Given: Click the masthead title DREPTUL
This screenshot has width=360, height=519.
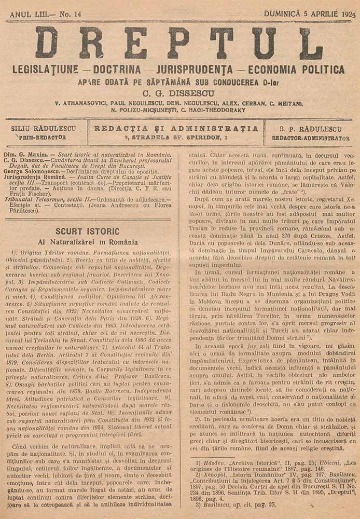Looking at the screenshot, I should (x=179, y=43).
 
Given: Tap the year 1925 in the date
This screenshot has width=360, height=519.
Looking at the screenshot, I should (x=345, y=14).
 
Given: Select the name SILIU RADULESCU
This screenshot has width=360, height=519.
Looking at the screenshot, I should (x=44, y=128).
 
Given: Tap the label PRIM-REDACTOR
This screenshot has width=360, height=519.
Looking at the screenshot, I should (x=43, y=138).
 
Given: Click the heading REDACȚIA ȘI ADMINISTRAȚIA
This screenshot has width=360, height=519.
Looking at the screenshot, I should (x=176, y=128).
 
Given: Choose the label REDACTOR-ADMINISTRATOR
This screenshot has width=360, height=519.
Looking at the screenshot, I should (x=310, y=139).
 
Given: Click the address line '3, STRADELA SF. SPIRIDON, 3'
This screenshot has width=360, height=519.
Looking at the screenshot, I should (x=176, y=138).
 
